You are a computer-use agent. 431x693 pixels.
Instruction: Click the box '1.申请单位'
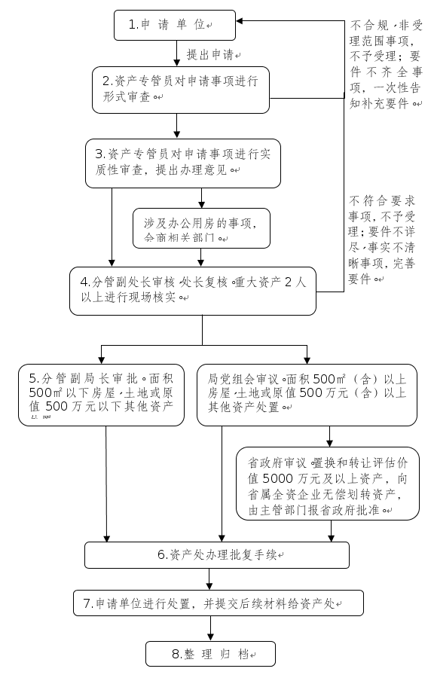(x=175, y=25)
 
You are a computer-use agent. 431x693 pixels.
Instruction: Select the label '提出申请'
(x=214, y=55)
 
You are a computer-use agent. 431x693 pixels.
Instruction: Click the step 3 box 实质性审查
(x=184, y=162)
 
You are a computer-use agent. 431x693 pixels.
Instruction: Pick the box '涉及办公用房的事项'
(x=201, y=229)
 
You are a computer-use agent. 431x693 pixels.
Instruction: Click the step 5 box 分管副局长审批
(x=102, y=395)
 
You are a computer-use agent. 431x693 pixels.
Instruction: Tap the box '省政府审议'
(x=328, y=484)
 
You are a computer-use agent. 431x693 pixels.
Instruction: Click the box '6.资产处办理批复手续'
(x=217, y=554)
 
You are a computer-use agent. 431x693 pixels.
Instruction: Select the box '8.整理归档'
(x=210, y=653)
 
